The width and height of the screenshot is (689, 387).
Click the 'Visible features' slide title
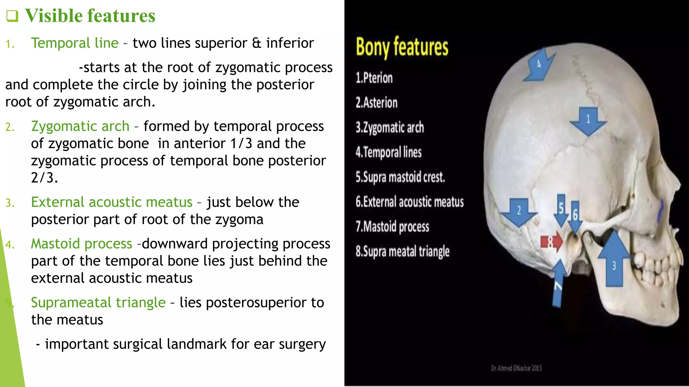pos(90,16)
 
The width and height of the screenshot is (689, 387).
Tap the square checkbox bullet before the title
pos(12,16)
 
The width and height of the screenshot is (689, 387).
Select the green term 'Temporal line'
pos(75,43)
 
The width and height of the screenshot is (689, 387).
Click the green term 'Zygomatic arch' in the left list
pos(80,126)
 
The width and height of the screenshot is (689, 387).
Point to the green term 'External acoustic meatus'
pos(112,202)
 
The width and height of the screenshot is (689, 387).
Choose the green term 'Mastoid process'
pos(81,244)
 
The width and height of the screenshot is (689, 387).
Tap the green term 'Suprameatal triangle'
pos(98,303)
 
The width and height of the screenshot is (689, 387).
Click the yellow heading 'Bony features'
pos(402,47)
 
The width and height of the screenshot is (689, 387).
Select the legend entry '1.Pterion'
pos(374,78)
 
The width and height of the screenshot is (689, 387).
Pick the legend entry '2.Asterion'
pos(376,103)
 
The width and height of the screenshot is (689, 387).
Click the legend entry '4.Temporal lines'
pos(389,153)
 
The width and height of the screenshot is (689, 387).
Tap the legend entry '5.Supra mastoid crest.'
pos(400,177)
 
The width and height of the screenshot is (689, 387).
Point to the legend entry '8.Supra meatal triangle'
pos(403,252)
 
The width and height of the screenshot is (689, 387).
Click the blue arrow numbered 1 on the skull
pos(588,121)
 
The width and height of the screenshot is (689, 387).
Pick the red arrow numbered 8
pos(551,242)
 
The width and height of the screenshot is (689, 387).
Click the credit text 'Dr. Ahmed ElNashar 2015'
pos(516,368)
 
